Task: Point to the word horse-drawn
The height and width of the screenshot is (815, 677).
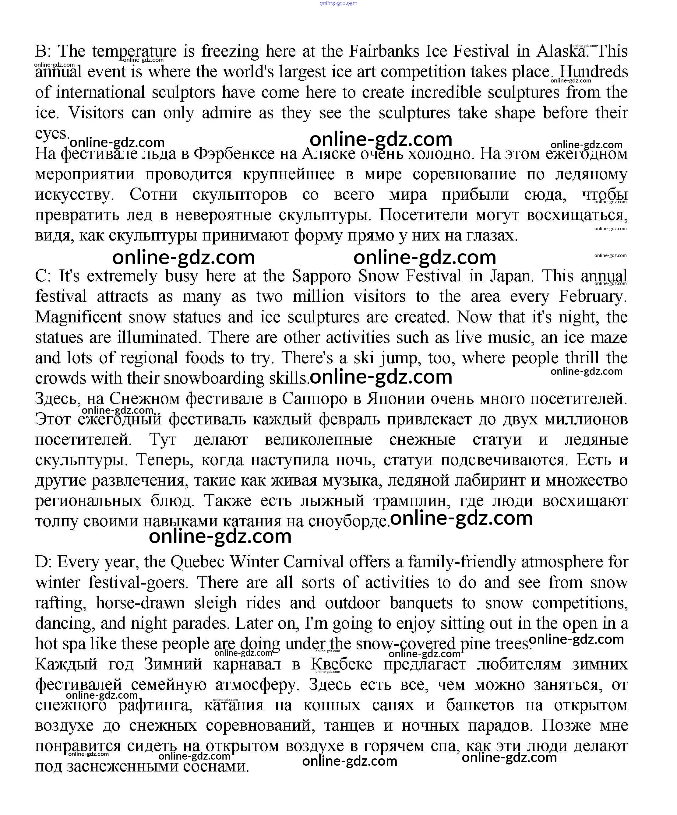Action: tap(140, 603)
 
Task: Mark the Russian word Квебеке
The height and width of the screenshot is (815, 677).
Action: tap(342, 664)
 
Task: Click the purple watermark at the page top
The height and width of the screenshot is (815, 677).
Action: tap(338, 3)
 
